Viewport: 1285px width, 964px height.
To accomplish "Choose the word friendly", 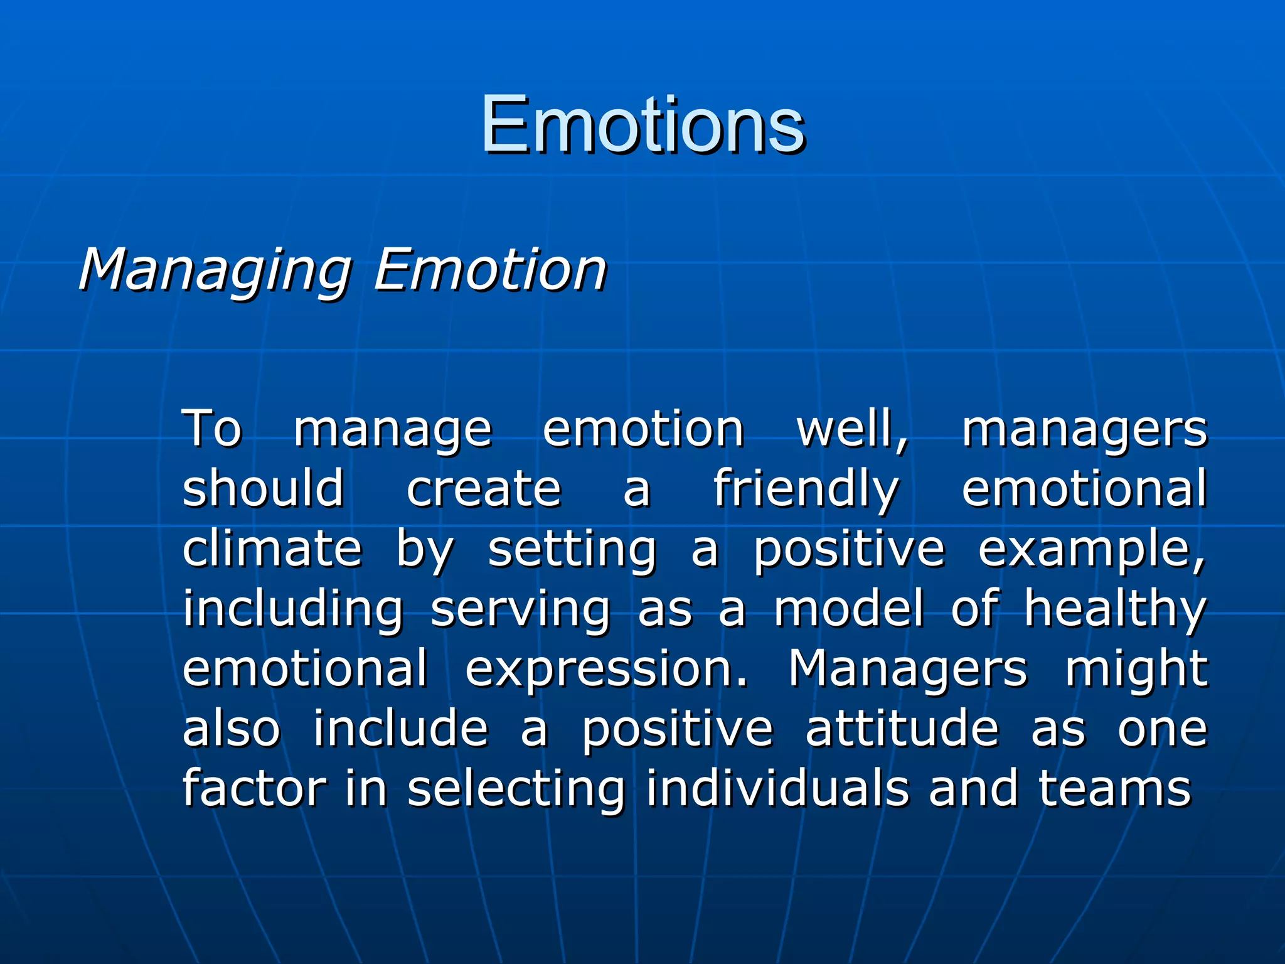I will pyautogui.click(x=806, y=489).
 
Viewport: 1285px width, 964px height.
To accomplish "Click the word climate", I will pyautogui.click(x=272, y=549).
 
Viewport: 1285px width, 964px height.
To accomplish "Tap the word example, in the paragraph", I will pyautogui.click(x=1092, y=550).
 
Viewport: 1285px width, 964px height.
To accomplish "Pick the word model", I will pyautogui.click(x=849, y=608).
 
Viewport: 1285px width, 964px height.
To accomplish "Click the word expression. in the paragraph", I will pyautogui.click(x=607, y=669).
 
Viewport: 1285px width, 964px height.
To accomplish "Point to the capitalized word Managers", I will pyautogui.click(x=908, y=669).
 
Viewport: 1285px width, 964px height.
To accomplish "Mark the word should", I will pyautogui.click(x=264, y=489).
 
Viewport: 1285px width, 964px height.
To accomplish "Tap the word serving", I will pyautogui.click(x=520, y=609).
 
